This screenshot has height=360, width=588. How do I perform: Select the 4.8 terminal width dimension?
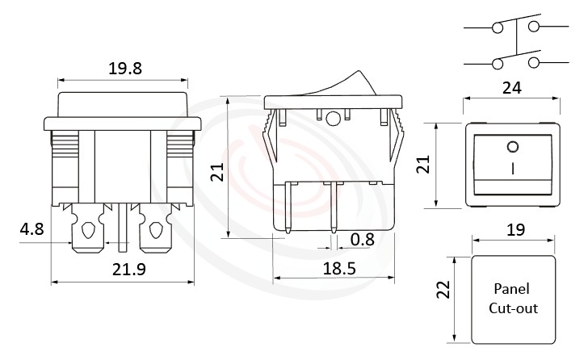pyautogui.click(x=31, y=229)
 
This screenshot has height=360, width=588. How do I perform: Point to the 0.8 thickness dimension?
pyautogui.click(x=362, y=239)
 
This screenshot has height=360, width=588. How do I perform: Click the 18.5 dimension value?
pyautogui.click(x=334, y=266)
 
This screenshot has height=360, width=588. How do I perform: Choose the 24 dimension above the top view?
pyautogui.click(x=510, y=88)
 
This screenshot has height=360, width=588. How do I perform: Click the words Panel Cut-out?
pyautogui.click(x=512, y=298)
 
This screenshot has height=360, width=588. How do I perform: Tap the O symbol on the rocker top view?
pyautogui.click(x=511, y=147)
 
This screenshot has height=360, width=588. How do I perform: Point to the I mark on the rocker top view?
pyautogui.click(x=511, y=170)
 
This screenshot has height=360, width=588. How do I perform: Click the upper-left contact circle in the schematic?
pyautogui.click(x=496, y=27)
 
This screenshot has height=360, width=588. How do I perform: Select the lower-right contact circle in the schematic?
pyautogui.click(x=534, y=62)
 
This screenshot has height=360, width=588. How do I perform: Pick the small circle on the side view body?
pyautogui.click(x=333, y=121)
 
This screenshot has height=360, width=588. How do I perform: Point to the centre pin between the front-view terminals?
pyautogui.click(x=121, y=226)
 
